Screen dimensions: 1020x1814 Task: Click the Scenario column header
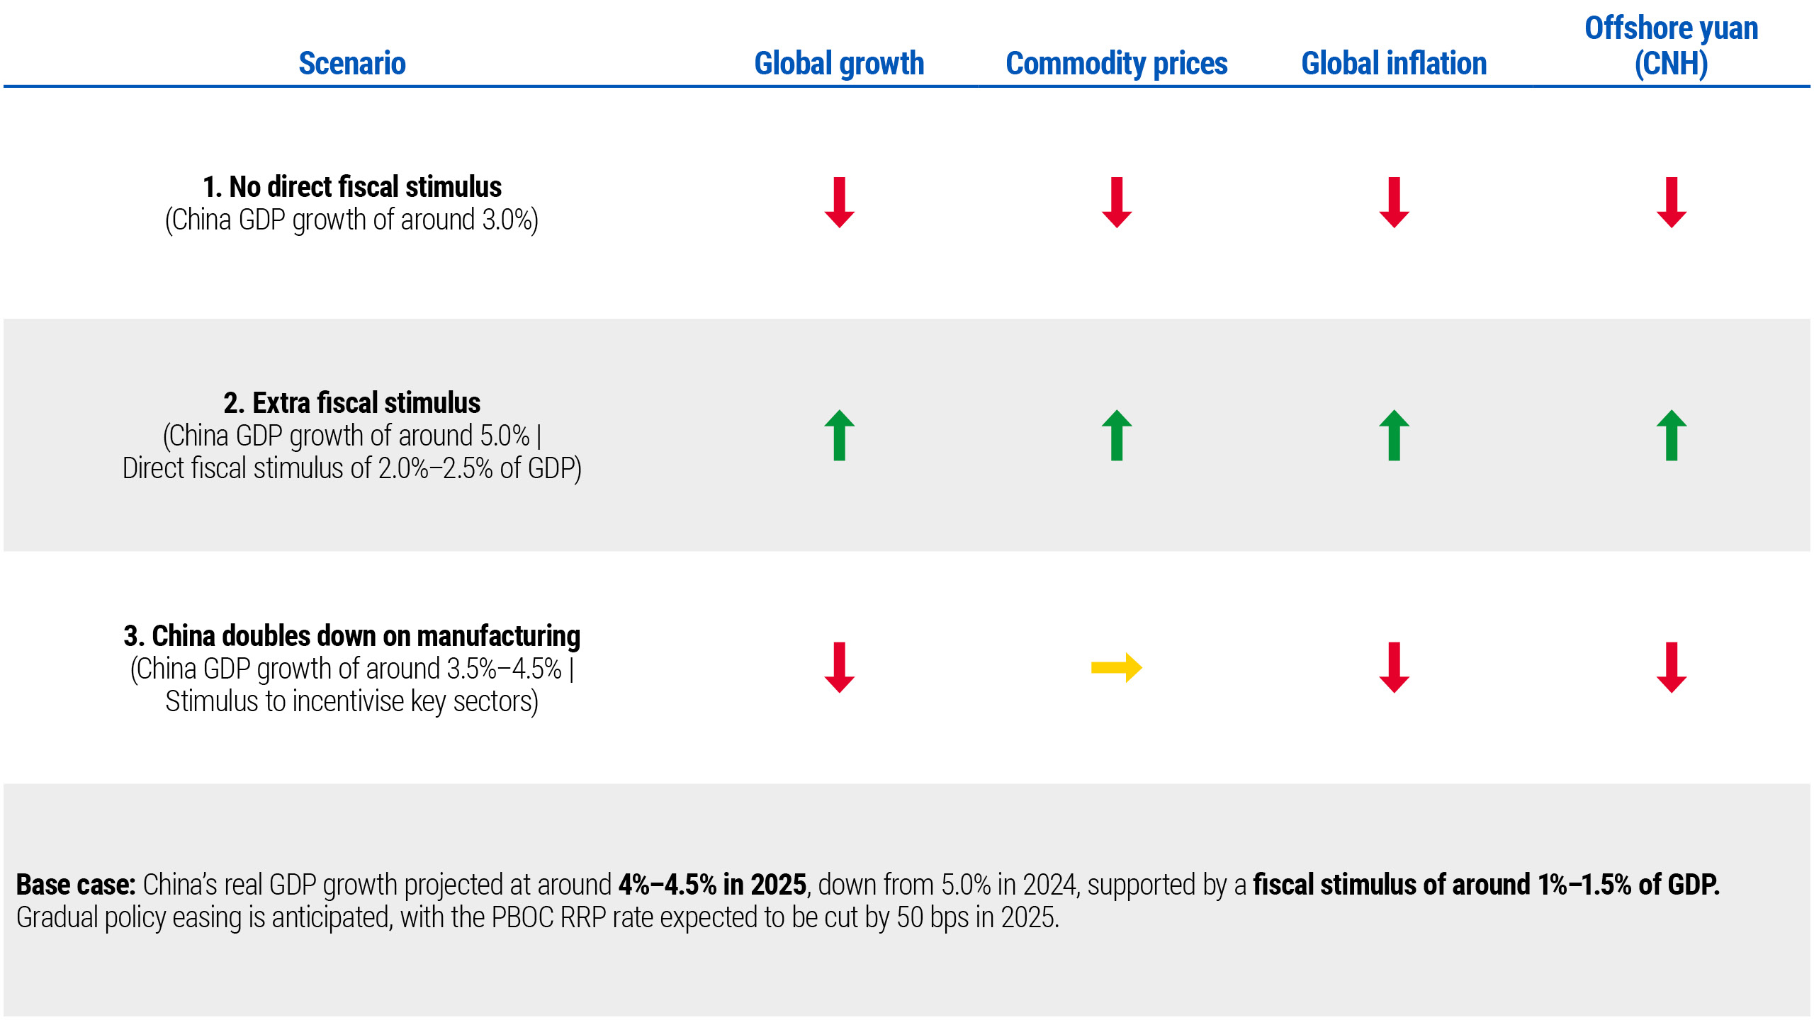click(352, 64)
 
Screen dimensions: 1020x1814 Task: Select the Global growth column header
click(839, 64)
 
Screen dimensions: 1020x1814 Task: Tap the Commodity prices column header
click(1116, 64)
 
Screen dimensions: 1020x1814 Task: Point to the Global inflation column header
click(1394, 64)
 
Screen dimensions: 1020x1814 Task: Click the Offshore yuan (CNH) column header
click(1671, 46)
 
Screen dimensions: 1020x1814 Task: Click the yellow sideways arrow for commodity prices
click(1116, 667)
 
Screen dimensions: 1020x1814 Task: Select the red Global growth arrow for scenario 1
click(839, 203)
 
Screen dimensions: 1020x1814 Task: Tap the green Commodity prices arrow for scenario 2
click(1117, 435)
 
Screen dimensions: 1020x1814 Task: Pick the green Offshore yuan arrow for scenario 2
click(1672, 435)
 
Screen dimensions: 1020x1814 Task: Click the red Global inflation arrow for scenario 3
click(1394, 667)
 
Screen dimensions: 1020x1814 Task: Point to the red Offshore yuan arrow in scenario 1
click(1672, 203)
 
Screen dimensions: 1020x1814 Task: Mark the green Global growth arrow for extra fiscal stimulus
click(839, 435)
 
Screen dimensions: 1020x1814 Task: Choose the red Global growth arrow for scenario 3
click(839, 667)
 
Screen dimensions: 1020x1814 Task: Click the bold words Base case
click(75, 885)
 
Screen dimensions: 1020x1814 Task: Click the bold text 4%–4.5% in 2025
click(712, 885)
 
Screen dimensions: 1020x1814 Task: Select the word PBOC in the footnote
click(522, 917)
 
